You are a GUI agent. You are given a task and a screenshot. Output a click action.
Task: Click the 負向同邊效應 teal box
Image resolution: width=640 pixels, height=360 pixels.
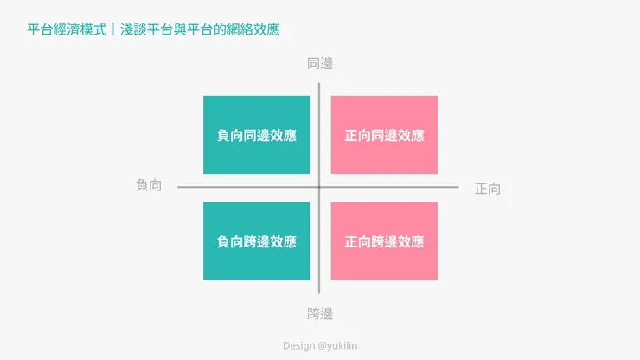point(256,135)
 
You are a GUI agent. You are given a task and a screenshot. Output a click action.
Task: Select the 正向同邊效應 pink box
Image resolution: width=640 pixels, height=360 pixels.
point(384,135)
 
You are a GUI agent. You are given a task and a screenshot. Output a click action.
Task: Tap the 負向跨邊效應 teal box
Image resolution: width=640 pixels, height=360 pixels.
point(256,241)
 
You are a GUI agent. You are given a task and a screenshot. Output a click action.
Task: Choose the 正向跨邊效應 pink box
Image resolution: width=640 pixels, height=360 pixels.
point(384,241)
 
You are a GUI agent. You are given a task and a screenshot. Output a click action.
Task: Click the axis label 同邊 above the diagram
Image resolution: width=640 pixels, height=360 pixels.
point(320,64)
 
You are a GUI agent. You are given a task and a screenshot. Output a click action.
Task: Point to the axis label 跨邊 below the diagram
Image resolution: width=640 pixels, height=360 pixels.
point(320,314)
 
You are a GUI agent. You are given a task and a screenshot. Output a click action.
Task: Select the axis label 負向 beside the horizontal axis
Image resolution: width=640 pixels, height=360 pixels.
point(149,185)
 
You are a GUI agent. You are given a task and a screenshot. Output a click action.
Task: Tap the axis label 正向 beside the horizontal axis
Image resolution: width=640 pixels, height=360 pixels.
point(487,189)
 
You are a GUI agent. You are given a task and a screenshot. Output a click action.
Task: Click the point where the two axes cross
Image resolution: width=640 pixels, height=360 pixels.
point(319,187)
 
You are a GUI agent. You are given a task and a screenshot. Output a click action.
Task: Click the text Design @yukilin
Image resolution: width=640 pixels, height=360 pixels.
point(320,345)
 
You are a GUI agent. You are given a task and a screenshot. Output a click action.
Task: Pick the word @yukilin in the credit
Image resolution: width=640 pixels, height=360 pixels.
point(337,345)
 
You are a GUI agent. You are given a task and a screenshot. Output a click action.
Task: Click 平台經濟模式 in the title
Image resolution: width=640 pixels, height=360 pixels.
point(67,29)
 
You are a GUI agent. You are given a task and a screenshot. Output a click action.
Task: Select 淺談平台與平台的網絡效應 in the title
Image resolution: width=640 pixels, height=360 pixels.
point(200,29)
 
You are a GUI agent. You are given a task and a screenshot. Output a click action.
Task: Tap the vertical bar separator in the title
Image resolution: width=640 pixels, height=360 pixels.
point(113,29)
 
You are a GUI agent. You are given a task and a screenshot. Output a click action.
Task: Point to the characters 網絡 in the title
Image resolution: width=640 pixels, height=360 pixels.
point(240,29)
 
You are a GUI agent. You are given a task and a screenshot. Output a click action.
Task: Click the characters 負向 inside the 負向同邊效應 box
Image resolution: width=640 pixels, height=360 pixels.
point(230,135)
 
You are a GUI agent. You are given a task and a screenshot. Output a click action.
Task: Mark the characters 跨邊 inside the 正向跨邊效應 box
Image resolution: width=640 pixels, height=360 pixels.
point(384,242)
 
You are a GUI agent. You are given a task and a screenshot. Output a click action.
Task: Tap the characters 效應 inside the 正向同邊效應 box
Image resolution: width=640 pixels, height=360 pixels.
point(411,135)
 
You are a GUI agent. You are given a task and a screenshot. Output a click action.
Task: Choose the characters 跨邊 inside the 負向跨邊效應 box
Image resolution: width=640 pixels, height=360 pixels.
point(256,242)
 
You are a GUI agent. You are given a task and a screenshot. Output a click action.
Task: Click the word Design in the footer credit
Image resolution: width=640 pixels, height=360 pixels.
point(298,345)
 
